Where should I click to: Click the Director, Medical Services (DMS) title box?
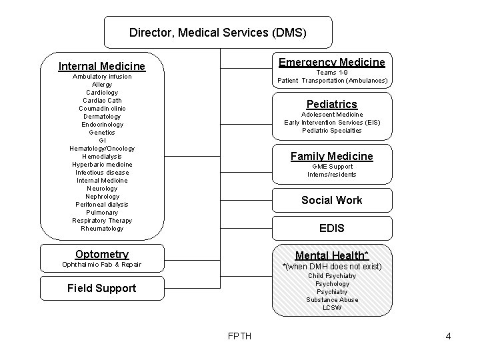click(218, 32)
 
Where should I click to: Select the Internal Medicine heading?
click(102, 66)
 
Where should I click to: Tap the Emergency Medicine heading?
click(331, 62)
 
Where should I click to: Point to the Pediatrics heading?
click(331, 104)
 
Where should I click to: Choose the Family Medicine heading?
click(331, 156)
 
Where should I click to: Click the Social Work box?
click(331, 200)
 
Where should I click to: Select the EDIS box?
click(331, 228)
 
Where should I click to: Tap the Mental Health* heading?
click(331, 255)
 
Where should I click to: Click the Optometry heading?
click(102, 254)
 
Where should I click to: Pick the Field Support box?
click(102, 288)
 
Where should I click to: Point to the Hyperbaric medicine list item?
click(102, 165)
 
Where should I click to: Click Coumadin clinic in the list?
click(102, 109)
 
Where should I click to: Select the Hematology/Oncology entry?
click(102, 149)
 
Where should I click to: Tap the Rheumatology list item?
click(102, 229)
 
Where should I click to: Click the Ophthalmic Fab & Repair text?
click(102, 265)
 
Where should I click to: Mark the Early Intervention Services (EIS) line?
click(331, 123)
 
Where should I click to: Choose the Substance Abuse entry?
click(331, 300)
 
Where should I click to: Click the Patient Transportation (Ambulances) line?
click(331, 81)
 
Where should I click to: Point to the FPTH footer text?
click(239, 336)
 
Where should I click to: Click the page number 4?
click(448, 336)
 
